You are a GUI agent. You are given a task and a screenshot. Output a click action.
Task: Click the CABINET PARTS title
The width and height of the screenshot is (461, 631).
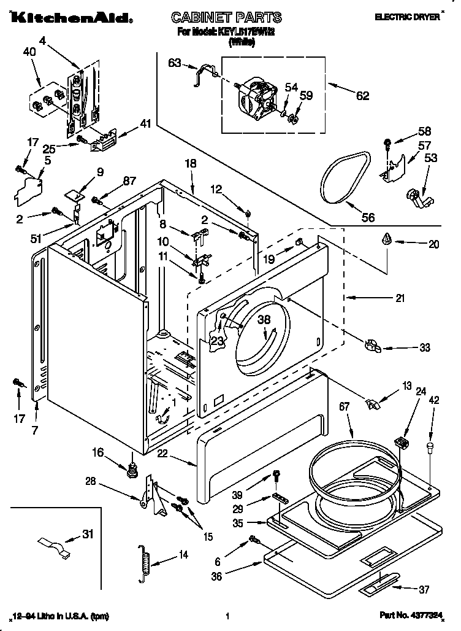pos(226,17)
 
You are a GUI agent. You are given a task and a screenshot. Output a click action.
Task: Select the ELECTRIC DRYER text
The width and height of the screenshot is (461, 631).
pos(407,18)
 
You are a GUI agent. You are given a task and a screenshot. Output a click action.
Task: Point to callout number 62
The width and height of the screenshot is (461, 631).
pos(362,95)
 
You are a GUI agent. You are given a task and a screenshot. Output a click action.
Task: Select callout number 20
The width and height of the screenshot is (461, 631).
pos(434,244)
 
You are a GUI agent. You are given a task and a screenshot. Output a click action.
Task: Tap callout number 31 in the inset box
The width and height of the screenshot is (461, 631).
pos(88,534)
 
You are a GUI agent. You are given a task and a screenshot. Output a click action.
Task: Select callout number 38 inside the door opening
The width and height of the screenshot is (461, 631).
pos(264,320)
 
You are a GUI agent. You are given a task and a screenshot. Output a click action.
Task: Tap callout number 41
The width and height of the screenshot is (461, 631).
pos(145,123)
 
